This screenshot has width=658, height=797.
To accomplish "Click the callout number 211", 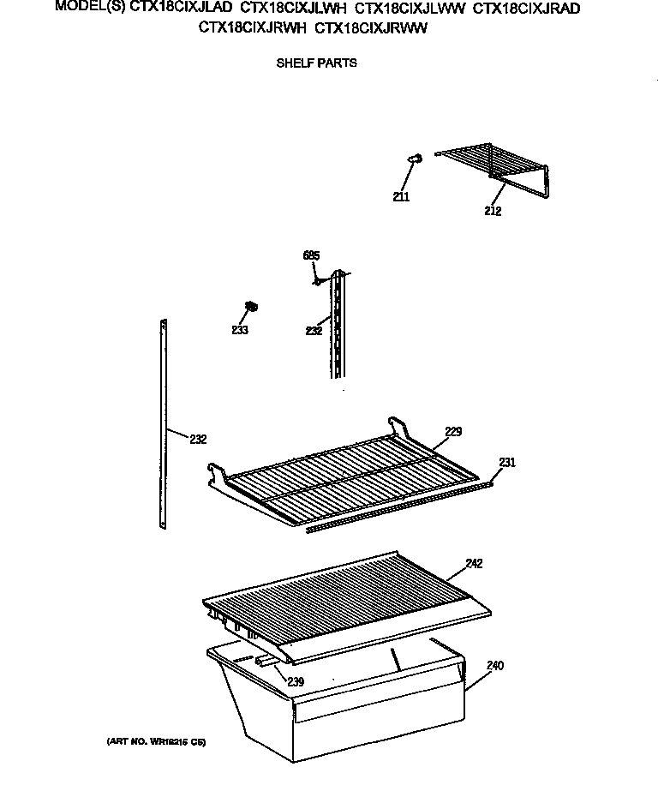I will click(x=401, y=197).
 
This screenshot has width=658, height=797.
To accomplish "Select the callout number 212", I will click(x=492, y=211).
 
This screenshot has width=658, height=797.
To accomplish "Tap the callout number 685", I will click(x=311, y=255).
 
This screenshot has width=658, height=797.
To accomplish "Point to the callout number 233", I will click(x=240, y=330).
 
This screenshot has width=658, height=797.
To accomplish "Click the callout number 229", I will click(x=453, y=432).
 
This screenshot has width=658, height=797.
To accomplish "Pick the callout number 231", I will click(x=507, y=463).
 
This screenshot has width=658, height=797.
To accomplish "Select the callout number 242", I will click(x=474, y=563).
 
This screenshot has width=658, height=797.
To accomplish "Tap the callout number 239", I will click(x=295, y=681).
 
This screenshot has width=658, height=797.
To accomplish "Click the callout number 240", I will click(x=495, y=665).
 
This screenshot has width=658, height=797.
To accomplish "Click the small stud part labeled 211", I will click(x=416, y=158).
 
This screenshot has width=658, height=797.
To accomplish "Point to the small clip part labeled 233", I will click(x=252, y=306).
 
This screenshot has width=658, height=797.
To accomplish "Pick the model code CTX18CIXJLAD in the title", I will click(x=180, y=8).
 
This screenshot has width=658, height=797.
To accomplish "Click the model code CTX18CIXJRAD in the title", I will click(x=527, y=8).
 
